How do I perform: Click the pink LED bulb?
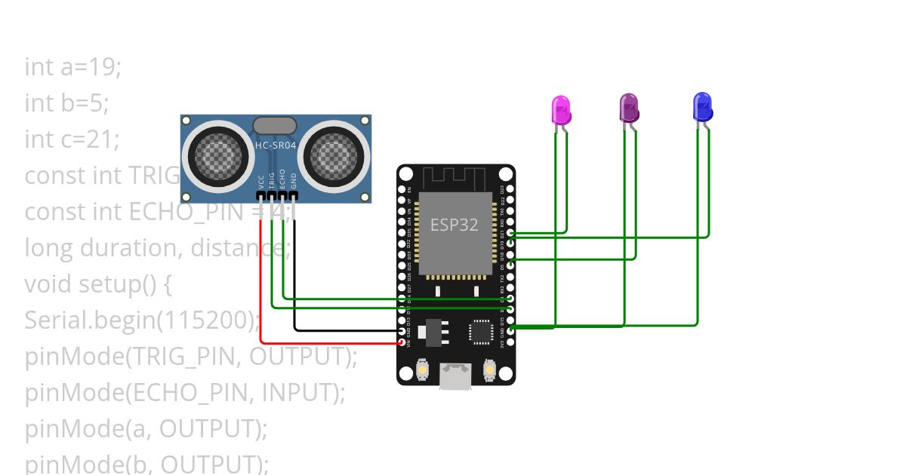(561, 109)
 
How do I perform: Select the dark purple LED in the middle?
(629, 108)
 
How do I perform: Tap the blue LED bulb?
(701, 106)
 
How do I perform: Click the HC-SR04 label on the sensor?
(276, 146)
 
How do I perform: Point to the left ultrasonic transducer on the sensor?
(219, 155)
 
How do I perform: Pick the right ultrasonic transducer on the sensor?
(333, 155)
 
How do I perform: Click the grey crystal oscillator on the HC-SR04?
(275, 126)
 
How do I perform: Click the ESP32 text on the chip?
(454, 225)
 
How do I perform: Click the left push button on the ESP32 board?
(422, 370)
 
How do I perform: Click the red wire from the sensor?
(261, 287)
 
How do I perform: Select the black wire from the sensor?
(294, 287)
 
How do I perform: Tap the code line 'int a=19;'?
(73, 67)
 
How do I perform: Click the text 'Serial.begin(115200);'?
(142, 320)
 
